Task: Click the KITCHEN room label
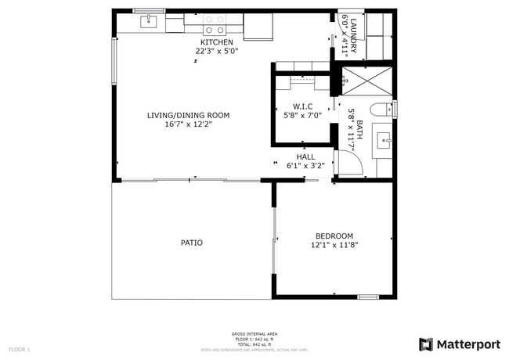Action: coord(216,42)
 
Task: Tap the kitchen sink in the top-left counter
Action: coord(149,22)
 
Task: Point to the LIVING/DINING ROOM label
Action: coord(188,115)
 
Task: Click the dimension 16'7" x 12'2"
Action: coord(188,124)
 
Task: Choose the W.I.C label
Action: coord(303,106)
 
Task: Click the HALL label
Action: coord(305,157)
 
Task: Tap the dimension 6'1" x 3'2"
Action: coord(305,165)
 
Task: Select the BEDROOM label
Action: coord(334,236)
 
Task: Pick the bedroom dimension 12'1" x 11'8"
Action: coord(334,245)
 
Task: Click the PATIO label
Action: coord(192,243)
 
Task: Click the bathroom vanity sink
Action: coord(384,141)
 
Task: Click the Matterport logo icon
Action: coord(426,344)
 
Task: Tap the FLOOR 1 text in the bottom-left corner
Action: coord(19,348)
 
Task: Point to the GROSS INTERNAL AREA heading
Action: coord(254,333)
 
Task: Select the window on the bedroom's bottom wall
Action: coord(368,297)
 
